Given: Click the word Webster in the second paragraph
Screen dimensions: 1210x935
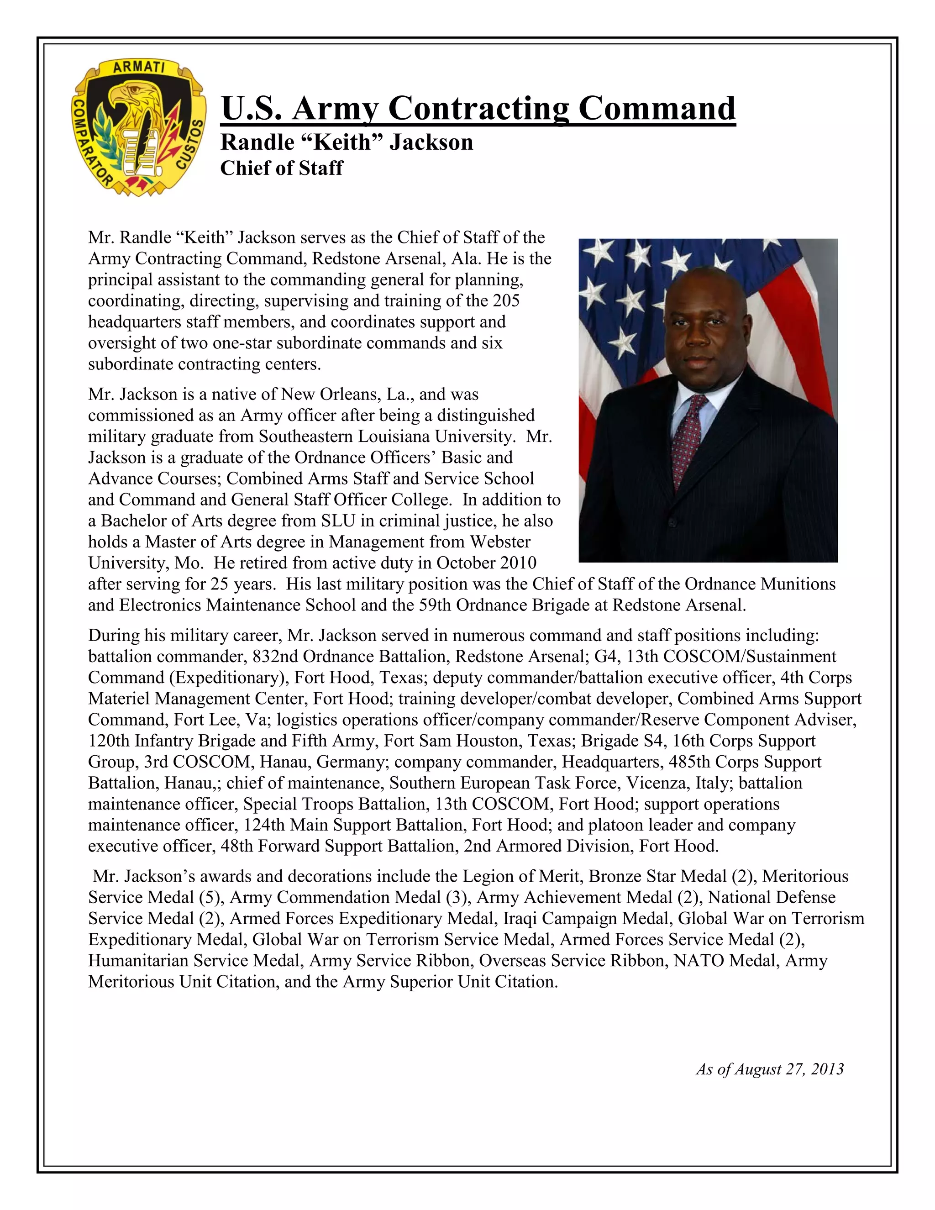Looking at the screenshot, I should point(500,542).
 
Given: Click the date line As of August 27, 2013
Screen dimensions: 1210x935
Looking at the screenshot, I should point(769,1069).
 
